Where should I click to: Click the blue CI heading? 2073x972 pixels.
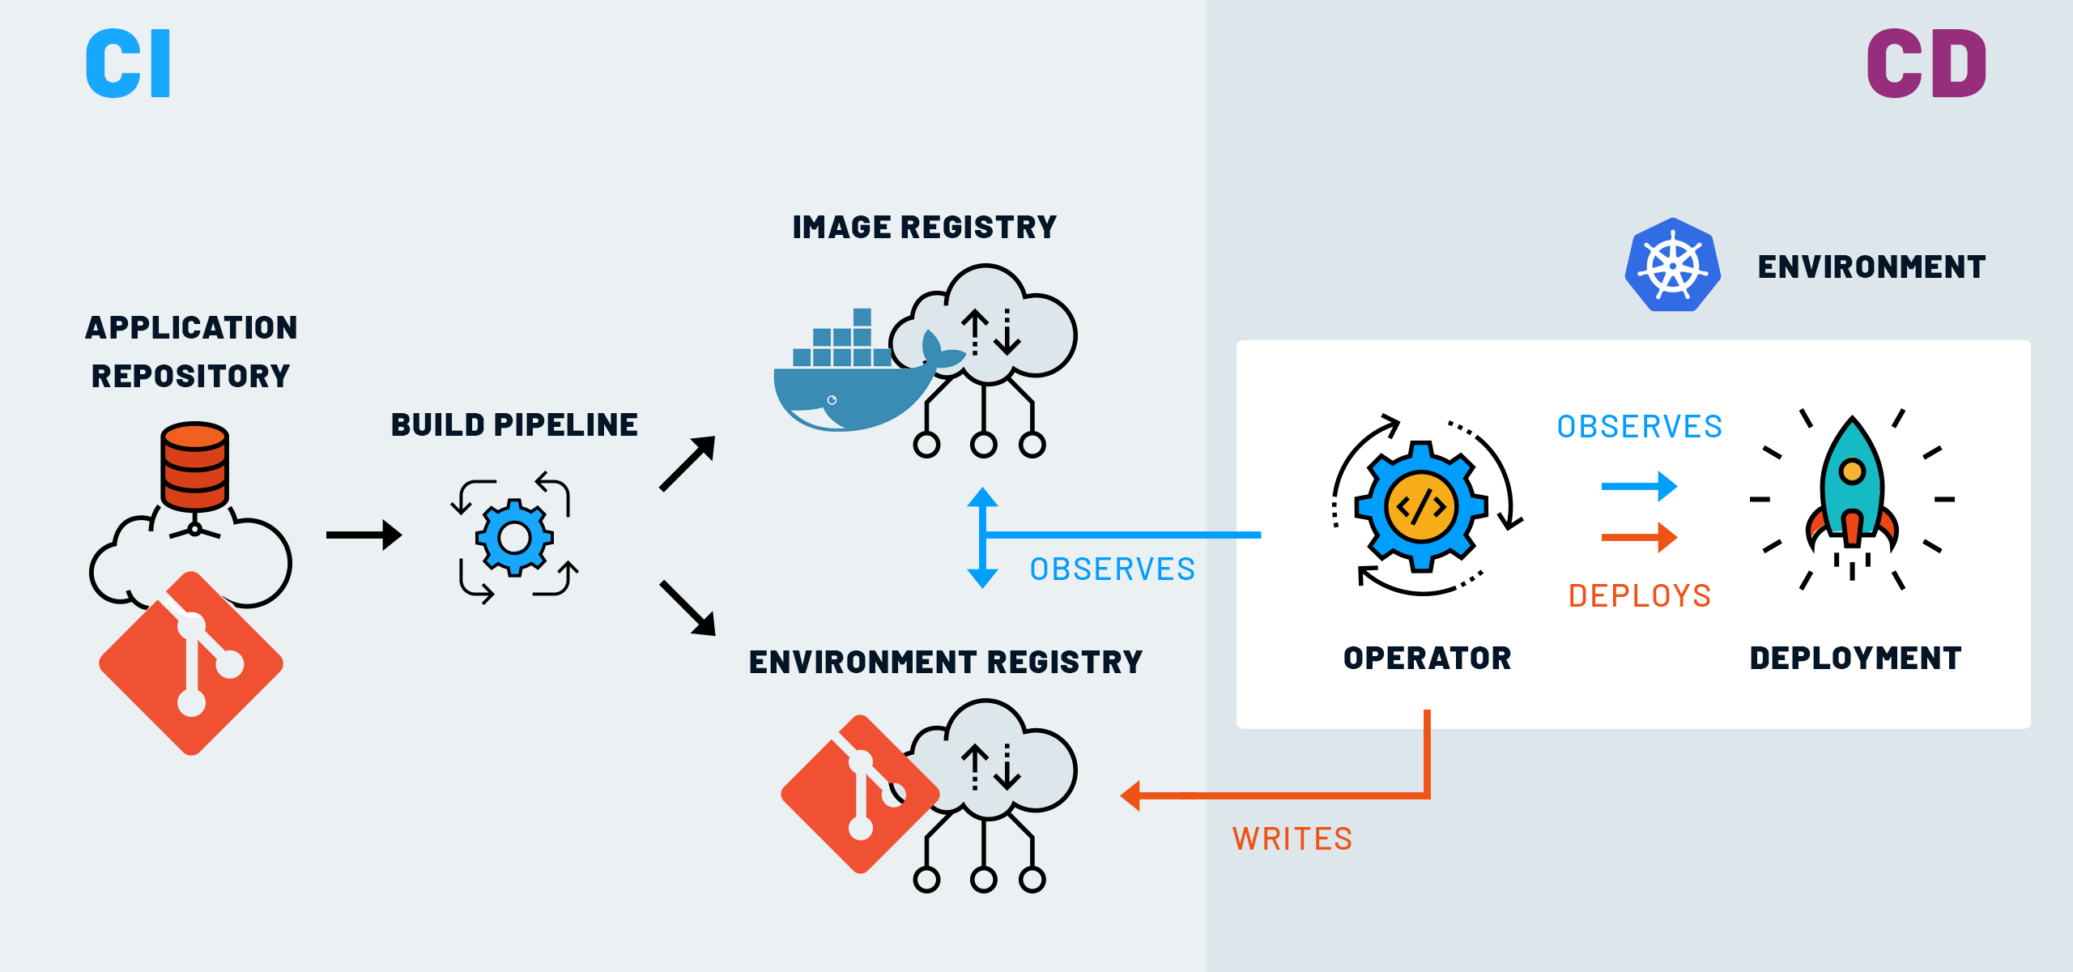pyautogui.click(x=128, y=63)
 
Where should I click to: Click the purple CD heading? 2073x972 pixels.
pyautogui.click(x=1926, y=63)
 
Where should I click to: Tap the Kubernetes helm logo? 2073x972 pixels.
pyautogui.click(x=1673, y=265)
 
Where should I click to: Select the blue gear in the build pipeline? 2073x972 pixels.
pyautogui.click(x=514, y=537)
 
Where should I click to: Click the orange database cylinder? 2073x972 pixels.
pyautogui.click(x=194, y=466)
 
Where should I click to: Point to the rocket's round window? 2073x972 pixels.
pyautogui.click(x=1852, y=471)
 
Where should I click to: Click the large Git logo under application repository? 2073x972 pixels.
pyautogui.click(x=191, y=663)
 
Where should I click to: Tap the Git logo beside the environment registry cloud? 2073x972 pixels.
pyautogui.click(x=858, y=794)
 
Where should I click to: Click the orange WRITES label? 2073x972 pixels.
pyautogui.click(x=1292, y=839)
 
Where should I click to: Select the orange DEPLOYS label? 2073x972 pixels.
pyautogui.click(x=1640, y=596)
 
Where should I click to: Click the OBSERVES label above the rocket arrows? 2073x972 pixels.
pyautogui.click(x=1640, y=427)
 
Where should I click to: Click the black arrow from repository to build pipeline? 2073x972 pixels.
pyautogui.click(x=364, y=535)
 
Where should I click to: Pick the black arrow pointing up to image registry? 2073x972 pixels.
pyautogui.click(x=687, y=463)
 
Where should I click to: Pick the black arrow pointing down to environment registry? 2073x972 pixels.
pyautogui.click(x=687, y=607)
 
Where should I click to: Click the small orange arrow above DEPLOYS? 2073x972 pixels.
pyautogui.click(x=1639, y=537)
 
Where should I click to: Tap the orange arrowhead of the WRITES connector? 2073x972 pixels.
pyautogui.click(x=1132, y=796)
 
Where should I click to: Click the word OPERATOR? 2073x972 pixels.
pyautogui.click(x=1427, y=658)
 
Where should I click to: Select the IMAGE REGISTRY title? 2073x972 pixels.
pyautogui.click(x=924, y=228)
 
